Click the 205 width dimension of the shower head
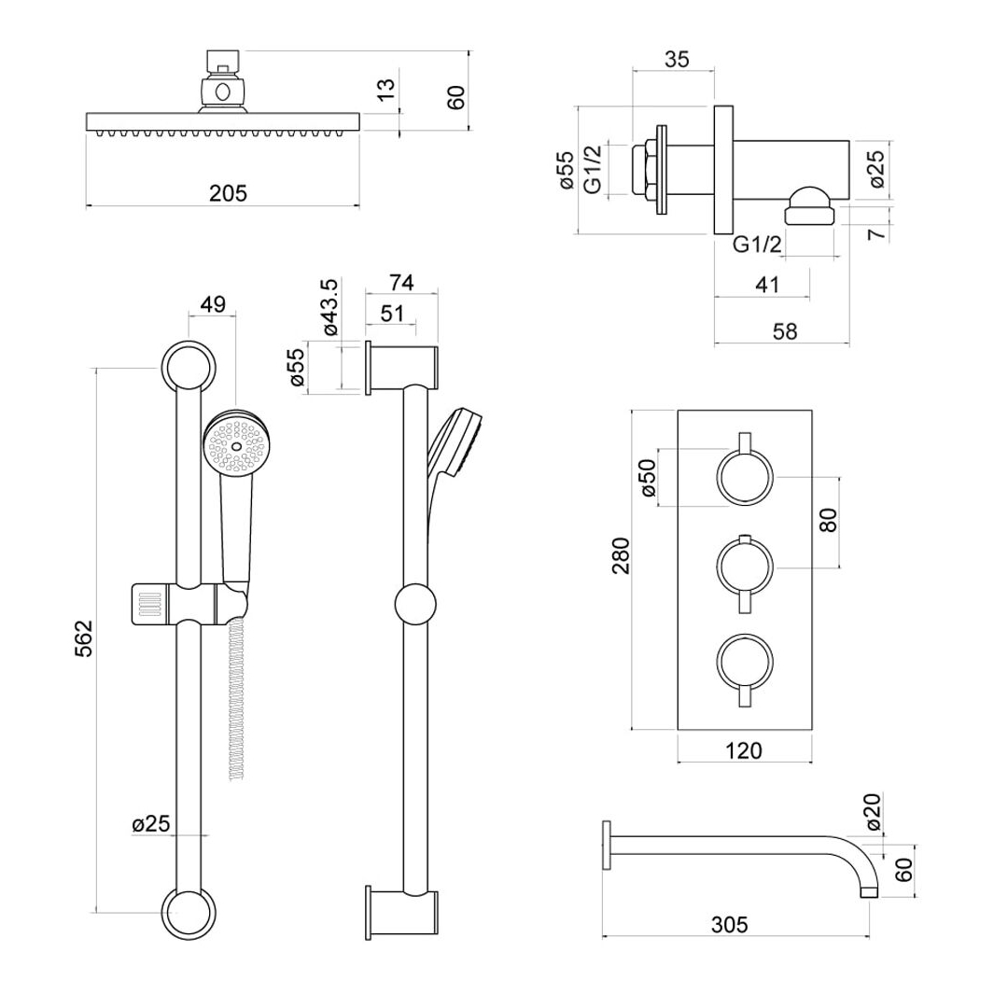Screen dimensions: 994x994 coord(228,192)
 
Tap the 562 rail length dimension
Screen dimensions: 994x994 coord(84,638)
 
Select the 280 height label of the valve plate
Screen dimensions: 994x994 coord(622,555)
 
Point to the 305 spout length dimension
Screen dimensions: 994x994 coord(729,925)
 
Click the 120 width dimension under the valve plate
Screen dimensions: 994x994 coord(743,750)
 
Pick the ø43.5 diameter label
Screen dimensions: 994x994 coord(331,307)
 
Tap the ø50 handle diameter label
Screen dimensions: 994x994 coord(648,477)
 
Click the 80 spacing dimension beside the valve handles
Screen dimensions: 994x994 coord(829,520)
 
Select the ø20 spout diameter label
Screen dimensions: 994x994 coord(873,811)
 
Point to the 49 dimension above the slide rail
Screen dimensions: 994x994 coord(213,304)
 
